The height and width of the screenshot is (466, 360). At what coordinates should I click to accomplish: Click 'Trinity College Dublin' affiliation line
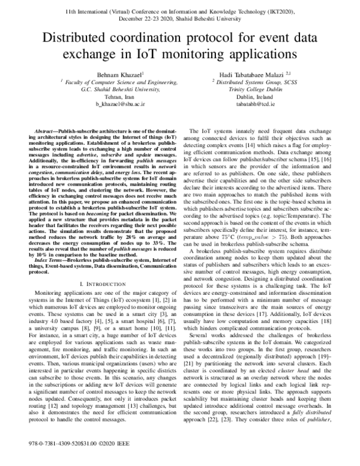[247, 88]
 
